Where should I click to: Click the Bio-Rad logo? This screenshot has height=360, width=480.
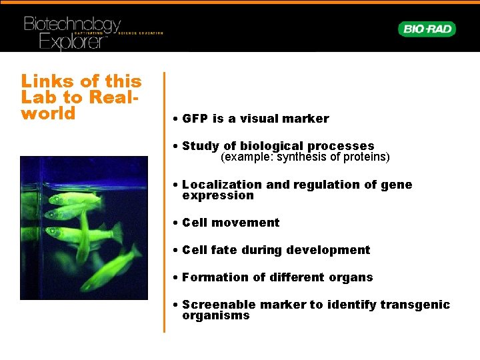427,29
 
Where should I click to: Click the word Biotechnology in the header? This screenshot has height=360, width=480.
72,25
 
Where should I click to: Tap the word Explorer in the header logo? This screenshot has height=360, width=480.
73,42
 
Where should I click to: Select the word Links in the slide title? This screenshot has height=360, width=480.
47,81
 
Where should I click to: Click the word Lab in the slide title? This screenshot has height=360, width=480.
37,97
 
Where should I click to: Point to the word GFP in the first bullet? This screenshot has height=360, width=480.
195,119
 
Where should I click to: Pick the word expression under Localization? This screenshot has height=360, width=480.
218,195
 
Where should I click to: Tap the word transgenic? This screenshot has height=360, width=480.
415,305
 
